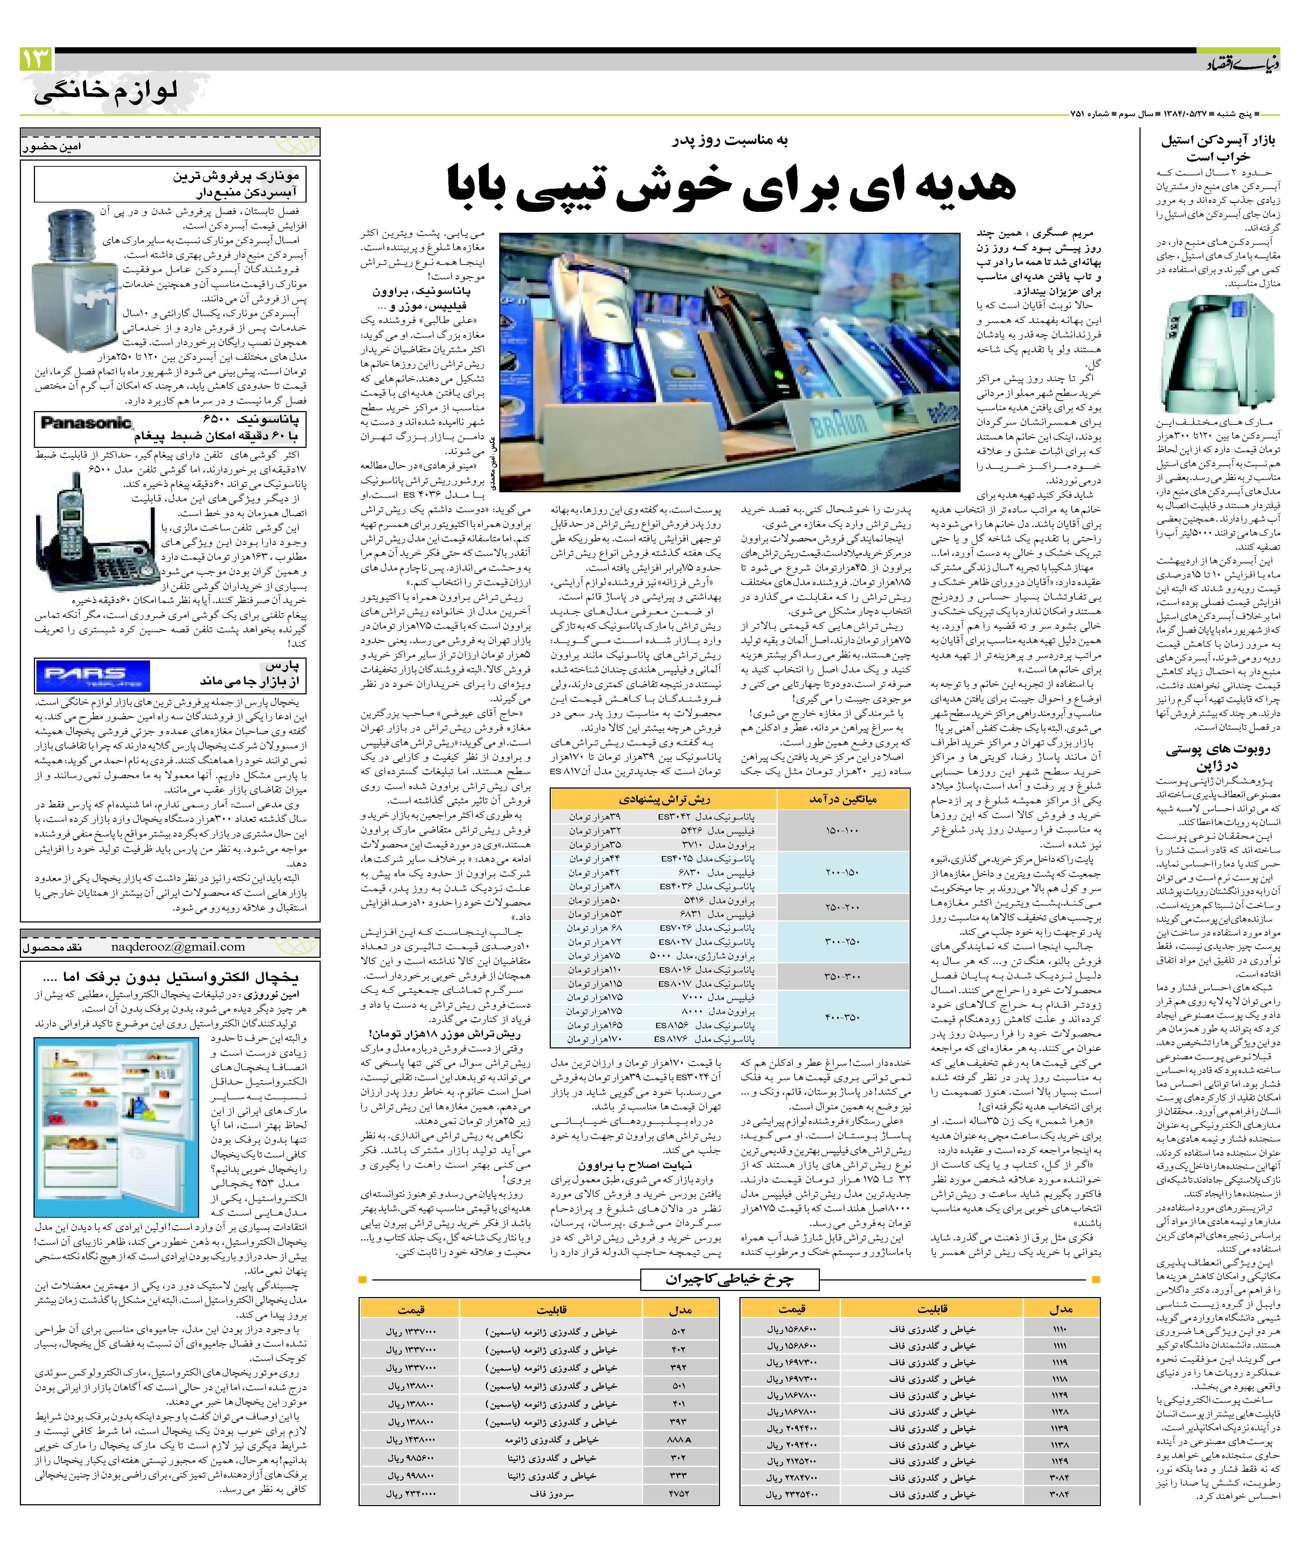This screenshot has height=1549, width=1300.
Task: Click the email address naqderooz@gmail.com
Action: tap(178, 946)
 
